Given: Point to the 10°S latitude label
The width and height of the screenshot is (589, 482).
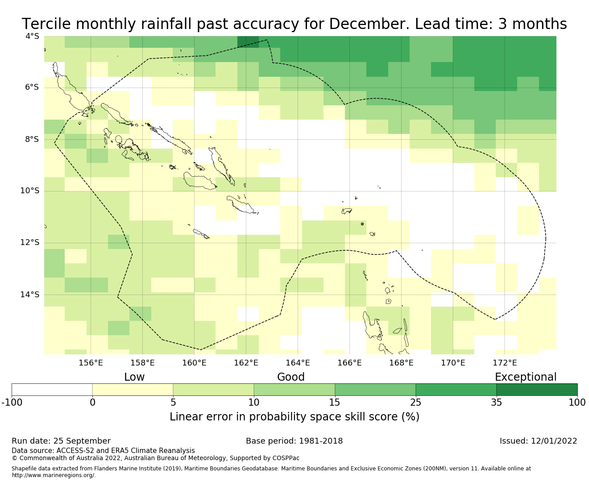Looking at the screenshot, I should coord(30,191).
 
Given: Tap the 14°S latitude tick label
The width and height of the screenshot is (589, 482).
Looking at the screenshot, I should coord(30,295).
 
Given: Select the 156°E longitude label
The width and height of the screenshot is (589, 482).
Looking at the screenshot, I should coord(91,363).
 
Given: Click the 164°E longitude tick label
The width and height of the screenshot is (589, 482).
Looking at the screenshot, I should coord(298,363).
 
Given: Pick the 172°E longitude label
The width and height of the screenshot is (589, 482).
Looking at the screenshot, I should coord(505,363).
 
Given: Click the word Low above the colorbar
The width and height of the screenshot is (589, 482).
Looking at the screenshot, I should coord(134,377).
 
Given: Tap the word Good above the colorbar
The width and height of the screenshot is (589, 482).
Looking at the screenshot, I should coord(291,377).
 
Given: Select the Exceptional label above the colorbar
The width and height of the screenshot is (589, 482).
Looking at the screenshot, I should coord(526,377).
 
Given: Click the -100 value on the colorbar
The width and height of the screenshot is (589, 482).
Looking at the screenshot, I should coord(12,403).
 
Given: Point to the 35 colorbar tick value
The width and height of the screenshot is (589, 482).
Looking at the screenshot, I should coord(496,403).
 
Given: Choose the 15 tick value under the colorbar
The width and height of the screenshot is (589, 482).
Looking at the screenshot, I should coord(335,403).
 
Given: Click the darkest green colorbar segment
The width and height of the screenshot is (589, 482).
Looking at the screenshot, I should coord(537,390).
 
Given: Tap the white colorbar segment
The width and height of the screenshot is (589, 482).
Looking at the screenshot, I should coord(52,390).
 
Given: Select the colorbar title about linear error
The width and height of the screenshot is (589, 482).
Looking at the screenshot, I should coord(294,417).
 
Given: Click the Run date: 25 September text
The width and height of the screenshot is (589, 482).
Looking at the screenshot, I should coord(61,441).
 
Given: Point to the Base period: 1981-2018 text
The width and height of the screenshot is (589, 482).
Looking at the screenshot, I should coord(294,441).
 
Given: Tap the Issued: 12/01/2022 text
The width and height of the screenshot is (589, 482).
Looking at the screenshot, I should coord(538,441).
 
